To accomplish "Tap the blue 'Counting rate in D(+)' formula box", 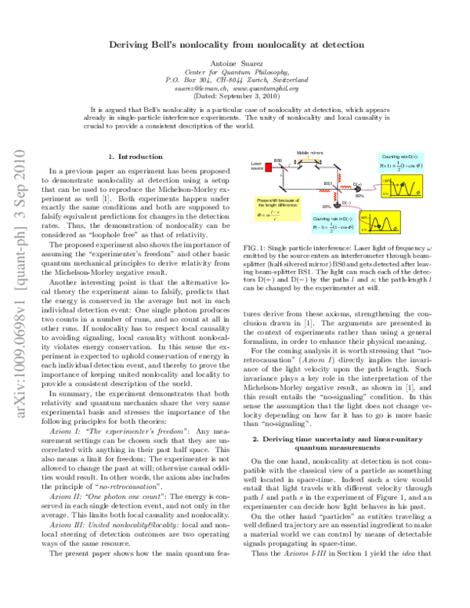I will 400,162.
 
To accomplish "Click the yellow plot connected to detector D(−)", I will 384,226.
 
